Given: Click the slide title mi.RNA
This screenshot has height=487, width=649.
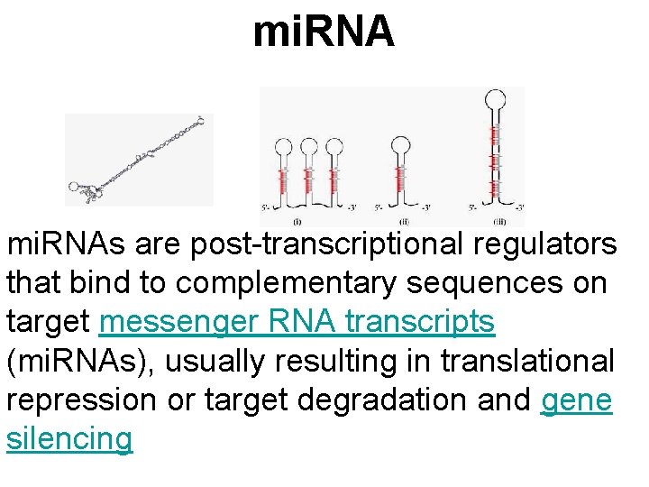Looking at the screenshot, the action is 324,32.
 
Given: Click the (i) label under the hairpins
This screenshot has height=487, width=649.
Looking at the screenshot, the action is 297,221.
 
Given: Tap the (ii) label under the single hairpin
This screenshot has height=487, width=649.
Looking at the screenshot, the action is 403,221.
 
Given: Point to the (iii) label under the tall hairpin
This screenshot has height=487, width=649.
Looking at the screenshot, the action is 498,221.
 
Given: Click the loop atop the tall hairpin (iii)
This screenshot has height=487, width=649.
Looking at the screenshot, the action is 494,100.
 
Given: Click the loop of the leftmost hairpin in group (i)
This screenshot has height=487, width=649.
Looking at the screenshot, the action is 283,147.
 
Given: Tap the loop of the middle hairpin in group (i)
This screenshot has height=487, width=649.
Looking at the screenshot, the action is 310,147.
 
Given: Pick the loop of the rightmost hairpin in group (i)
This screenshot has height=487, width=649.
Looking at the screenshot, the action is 334,147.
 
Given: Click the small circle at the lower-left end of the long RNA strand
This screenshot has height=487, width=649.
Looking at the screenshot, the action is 75,188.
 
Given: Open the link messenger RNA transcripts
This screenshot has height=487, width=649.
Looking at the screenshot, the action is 297,322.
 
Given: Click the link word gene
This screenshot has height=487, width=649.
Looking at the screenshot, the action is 577,400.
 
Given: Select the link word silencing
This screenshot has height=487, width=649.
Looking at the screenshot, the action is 69,439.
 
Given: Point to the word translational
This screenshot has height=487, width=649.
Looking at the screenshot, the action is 527,361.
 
